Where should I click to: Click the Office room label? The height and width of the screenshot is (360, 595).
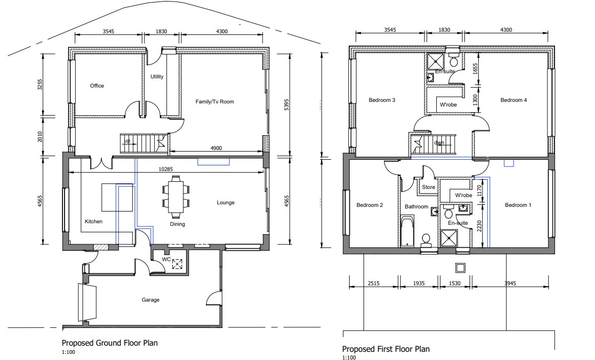pos(97,86)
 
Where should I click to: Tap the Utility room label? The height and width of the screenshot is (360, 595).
pos(157,77)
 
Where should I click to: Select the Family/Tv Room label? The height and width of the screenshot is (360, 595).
pos(215,102)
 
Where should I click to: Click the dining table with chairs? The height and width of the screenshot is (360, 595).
pos(176,197)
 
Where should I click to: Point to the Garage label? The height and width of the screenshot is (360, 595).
pos(151,300)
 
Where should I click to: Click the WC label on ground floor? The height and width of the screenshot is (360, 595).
pos(166,260)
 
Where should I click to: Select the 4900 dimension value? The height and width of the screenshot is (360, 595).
pos(216,149)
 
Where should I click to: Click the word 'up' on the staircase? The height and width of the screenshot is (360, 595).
pos(128,141)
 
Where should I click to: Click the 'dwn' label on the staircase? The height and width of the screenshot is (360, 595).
pos(439,143)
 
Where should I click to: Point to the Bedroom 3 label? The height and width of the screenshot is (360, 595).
pos(382,100)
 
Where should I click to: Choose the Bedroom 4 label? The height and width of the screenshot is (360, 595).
pos(514,100)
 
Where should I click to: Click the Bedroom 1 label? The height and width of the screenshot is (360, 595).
pos(518,205)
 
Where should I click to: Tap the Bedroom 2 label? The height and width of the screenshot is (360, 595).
pos(370,205)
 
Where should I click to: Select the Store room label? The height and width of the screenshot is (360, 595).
pos(429,187)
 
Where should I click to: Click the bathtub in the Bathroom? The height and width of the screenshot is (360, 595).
pos(407,231)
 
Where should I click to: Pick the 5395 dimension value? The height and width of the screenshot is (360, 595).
pos(287,104)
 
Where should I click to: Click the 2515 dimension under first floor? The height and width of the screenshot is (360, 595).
pos(374,283)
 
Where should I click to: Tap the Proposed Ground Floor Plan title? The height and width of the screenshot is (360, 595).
pos(110,343)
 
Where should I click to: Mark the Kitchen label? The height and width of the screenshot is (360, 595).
pos(93,222)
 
